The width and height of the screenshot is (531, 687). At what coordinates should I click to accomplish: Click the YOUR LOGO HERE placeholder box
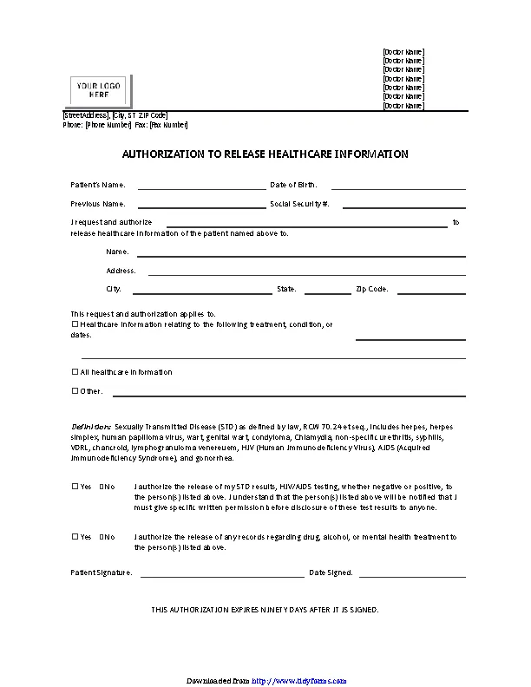point(99,90)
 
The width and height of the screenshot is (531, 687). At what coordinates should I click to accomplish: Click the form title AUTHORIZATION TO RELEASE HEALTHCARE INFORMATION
point(265,154)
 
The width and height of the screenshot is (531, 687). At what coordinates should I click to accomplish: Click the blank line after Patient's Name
point(201,187)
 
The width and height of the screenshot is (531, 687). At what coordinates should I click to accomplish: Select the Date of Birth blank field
point(398,187)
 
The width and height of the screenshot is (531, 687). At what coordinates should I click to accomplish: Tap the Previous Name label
point(98,204)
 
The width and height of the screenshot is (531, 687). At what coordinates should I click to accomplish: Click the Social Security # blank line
point(404,207)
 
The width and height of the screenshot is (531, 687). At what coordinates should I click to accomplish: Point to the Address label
point(121,271)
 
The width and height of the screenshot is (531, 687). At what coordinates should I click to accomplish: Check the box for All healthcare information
point(75,372)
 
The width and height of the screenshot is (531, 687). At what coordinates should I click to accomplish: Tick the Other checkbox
point(75,391)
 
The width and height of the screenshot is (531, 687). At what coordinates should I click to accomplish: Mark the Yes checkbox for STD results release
point(75,487)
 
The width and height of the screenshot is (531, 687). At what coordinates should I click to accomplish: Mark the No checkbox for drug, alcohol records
point(102,537)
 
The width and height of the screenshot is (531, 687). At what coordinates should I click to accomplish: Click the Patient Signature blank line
point(222,575)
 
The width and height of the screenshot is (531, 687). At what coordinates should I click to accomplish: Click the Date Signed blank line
point(412,575)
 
